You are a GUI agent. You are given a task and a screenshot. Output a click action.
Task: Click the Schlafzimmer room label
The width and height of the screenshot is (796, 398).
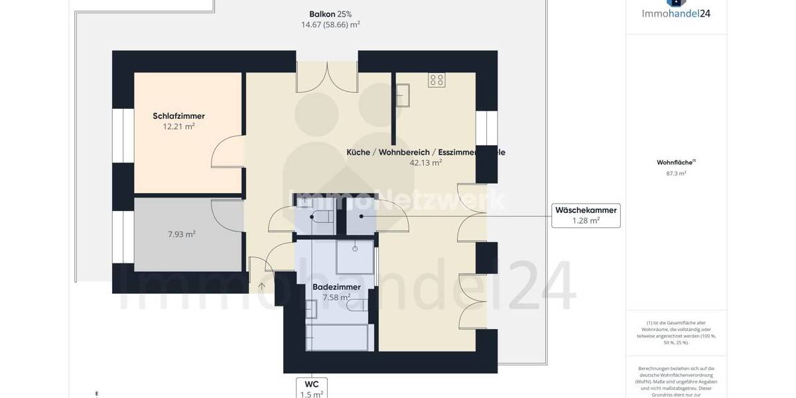(x=178, y=116)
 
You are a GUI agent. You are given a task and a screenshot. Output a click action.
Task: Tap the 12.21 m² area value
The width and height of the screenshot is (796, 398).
(x=178, y=126)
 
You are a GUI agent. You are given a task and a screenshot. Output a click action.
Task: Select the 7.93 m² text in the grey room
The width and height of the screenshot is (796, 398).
(x=181, y=234)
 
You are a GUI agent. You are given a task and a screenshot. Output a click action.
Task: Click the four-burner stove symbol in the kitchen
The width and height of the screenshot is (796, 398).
(x=436, y=80)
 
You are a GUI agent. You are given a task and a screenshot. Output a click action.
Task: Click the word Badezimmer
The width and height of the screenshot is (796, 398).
(x=336, y=287)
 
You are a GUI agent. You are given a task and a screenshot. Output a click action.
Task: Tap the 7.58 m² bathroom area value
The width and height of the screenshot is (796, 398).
(x=336, y=297)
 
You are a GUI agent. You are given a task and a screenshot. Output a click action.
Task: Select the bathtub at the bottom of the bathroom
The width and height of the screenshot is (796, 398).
(x=336, y=338)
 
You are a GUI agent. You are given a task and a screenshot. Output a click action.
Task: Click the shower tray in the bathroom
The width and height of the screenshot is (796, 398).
(x=355, y=257)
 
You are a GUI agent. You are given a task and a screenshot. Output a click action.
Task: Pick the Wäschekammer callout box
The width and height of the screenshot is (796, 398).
(x=586, y=216)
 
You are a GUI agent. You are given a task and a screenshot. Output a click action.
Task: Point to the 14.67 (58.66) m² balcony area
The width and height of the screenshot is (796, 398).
(x=330, y=25)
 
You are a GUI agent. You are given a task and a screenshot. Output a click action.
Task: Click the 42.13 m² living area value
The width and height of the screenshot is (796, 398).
(x=426, y=162)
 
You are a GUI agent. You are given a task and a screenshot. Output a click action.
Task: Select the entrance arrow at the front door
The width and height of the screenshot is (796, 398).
(x=261, y=286)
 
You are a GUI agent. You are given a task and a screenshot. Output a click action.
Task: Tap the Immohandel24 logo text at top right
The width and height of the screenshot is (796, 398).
(x=676, y=12)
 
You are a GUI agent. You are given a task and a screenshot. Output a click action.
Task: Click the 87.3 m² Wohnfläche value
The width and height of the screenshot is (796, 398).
(x=676, y=173)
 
